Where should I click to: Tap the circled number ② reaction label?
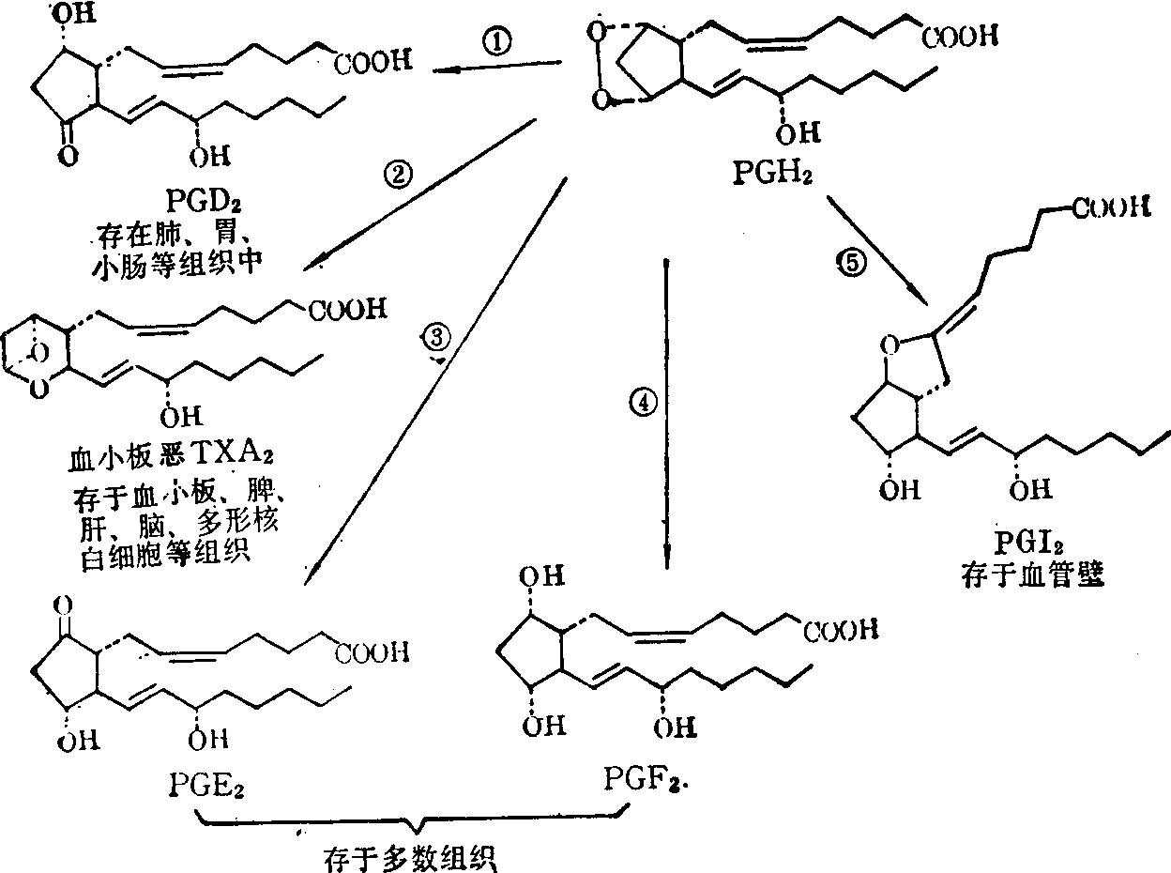pos(398,175)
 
